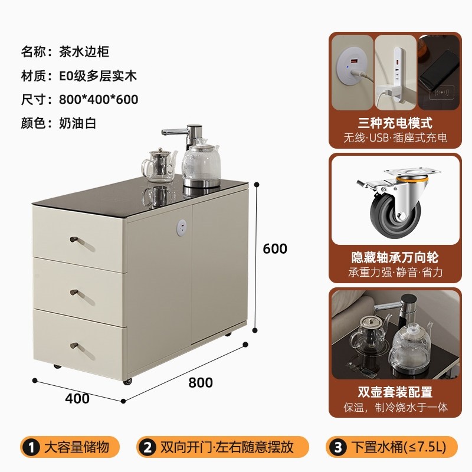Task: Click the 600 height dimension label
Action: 274,249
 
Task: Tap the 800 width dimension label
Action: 201,382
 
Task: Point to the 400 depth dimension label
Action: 77,398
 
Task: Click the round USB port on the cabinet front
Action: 182,226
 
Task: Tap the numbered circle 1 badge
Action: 27,447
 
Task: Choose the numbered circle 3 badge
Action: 337,447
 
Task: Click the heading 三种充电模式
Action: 395,123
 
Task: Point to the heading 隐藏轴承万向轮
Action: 395,257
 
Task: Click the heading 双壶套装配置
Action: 395,392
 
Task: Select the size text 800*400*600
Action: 99,99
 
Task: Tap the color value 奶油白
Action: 77,123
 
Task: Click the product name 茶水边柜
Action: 84,51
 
